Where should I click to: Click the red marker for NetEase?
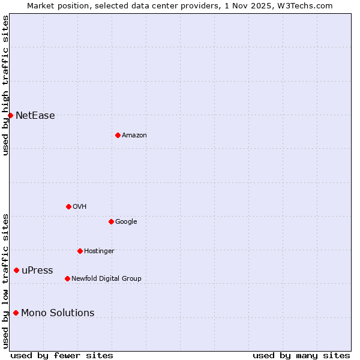click(x=10, y=115)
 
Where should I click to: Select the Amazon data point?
click(x=118, y=135)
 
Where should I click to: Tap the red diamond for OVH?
click(x=68, y=206)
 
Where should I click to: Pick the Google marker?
click(x=111, y=221)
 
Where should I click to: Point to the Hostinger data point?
click(x=80, y=251)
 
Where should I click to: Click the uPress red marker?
click(x=16, y=271)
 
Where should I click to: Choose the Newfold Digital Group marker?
click(x=67, y=278)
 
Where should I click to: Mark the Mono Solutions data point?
click(x=16, y=313)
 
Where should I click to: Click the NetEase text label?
click(x=35, y=116)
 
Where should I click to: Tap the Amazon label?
click(x=134, y=136)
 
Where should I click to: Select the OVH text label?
click(x=80, y=207)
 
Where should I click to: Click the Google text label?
click(x=126, y=222)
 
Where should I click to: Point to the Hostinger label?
click(x=99, y=251)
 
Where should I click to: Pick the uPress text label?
click(x=37, y=271)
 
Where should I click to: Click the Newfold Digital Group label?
click(x=106, y=279)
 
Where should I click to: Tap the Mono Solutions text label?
click(x=58, y=313)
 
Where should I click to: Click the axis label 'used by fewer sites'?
click(x=62, y=355)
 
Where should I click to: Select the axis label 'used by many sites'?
click(x=301, y=355)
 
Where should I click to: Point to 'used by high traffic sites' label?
click(x=5, y=85)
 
